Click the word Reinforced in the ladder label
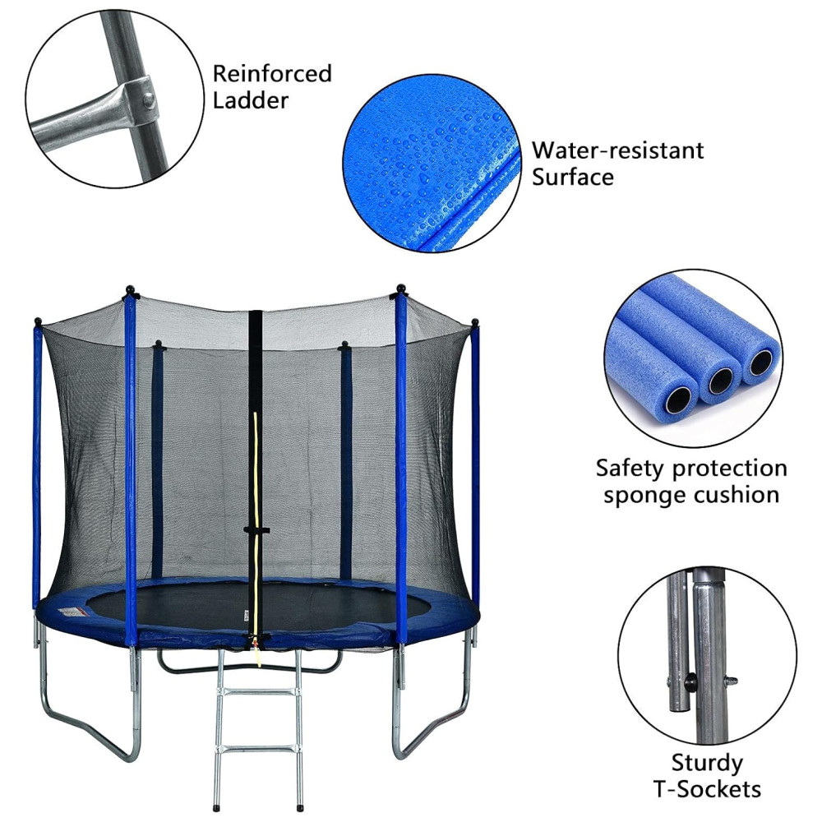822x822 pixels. (272, 73)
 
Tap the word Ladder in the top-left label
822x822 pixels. (251, 100)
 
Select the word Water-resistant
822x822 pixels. (617, 150)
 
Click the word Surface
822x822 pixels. (572, 177)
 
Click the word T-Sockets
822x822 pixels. (707, 789)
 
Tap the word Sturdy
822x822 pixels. (707, 764)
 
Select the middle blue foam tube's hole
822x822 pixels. (721, 381)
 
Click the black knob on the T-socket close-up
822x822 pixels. (690, 681)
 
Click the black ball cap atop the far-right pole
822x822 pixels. (474, 322)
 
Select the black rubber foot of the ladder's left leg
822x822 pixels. (215, 806)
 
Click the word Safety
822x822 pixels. (632, 469)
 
